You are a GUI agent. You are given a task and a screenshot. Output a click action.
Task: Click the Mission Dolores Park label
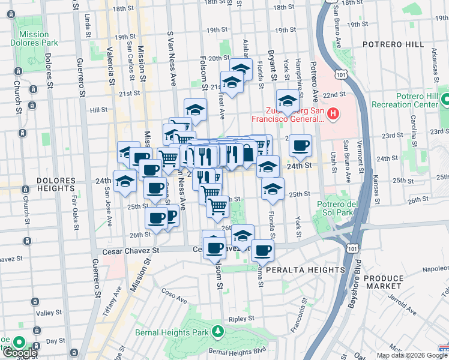(34, 38)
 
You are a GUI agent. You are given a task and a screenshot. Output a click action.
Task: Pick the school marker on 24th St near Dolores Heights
(125, 181)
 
